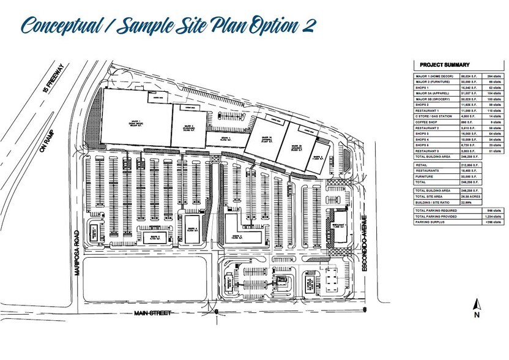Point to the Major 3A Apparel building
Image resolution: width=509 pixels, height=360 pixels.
(266, 138)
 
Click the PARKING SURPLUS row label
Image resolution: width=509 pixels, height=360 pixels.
(429, 222)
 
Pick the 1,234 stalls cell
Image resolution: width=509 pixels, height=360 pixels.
(480, 216)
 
